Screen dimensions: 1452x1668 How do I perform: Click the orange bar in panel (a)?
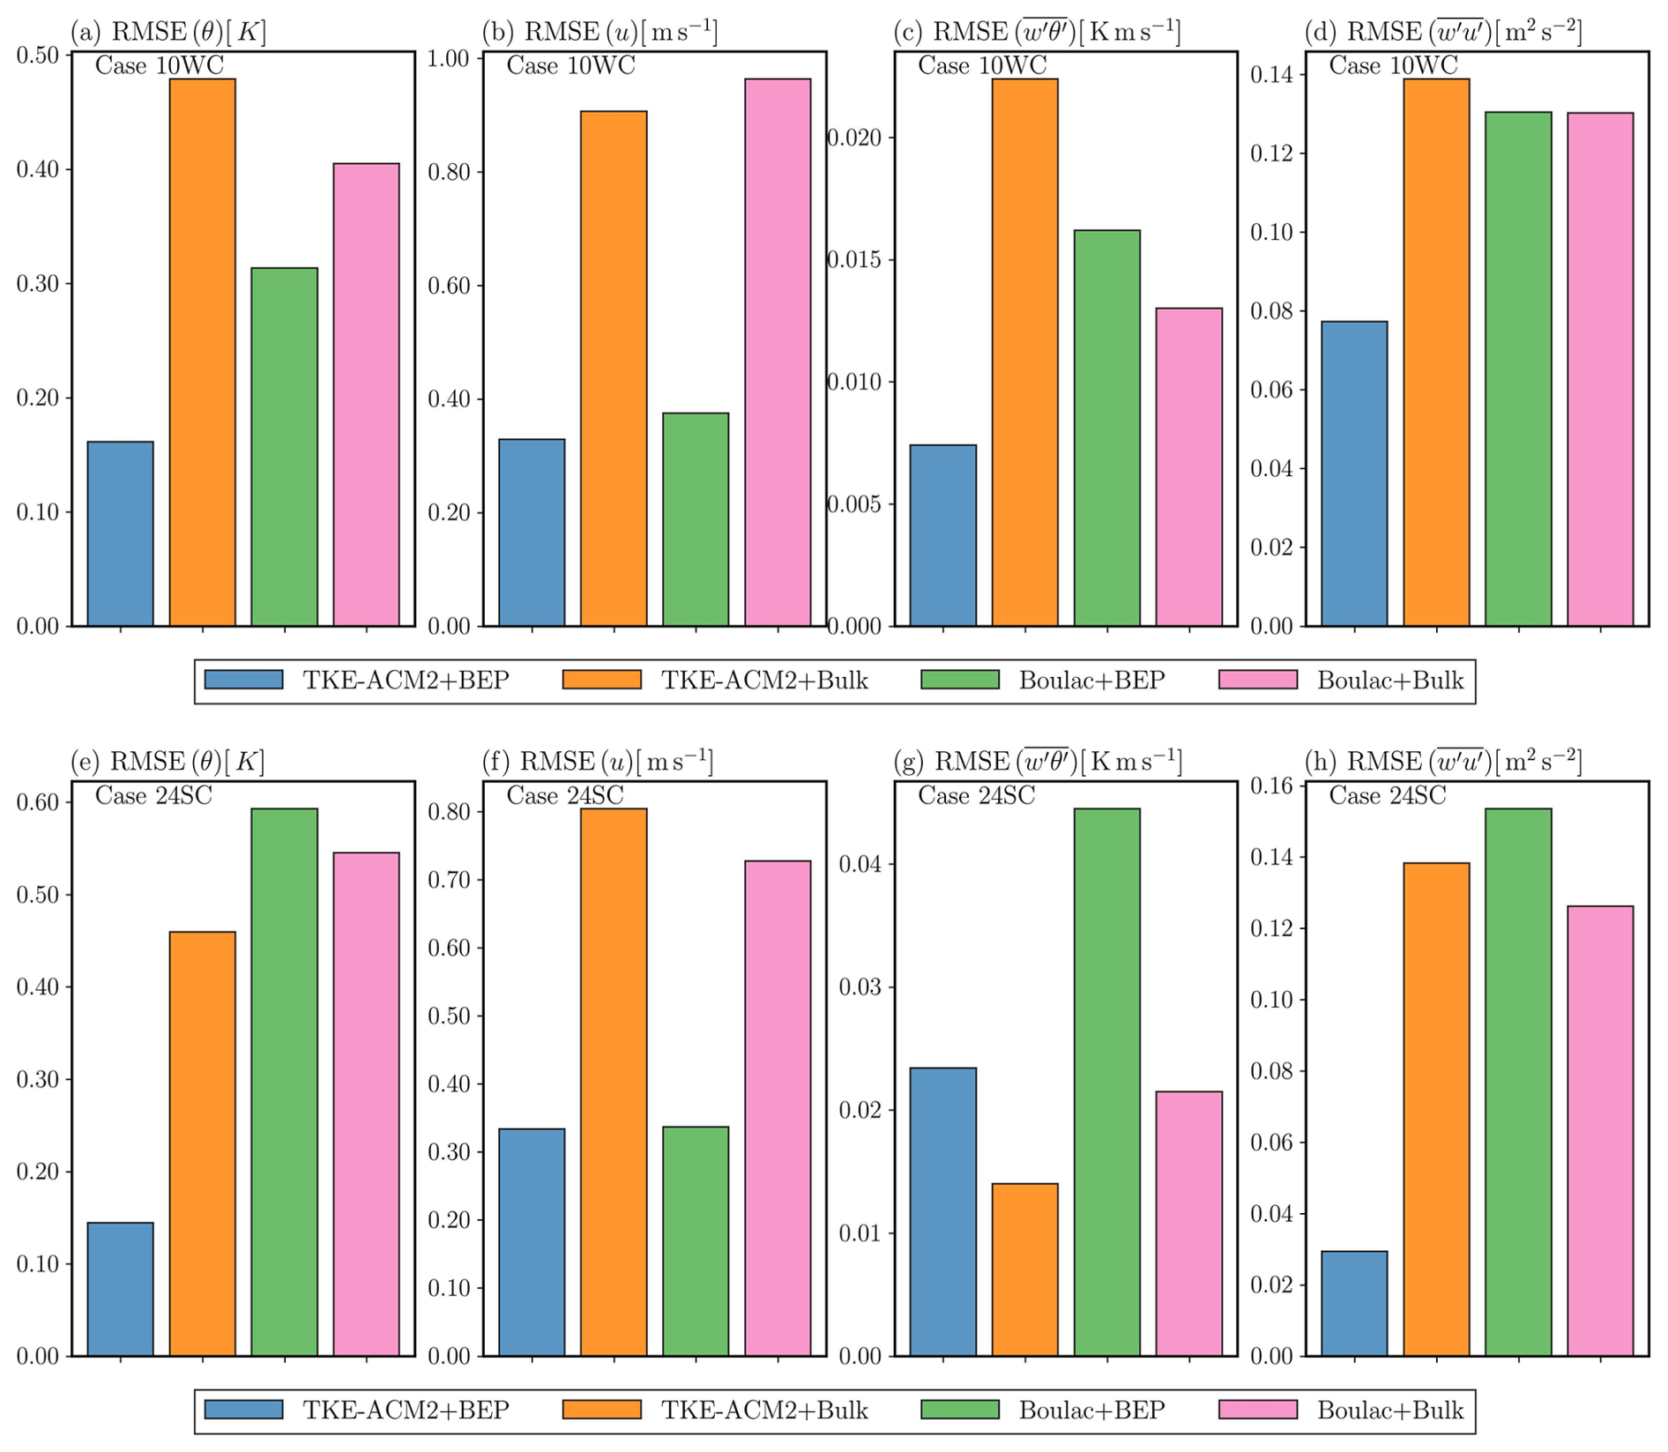click(203, 353)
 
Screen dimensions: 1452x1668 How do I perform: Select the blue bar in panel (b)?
click(532, 532)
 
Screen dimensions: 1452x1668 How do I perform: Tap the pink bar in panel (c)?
click(1188, 467)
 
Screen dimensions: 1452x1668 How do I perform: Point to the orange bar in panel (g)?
click(1024, 1270)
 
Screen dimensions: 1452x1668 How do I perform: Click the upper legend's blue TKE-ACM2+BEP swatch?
click(244, 680)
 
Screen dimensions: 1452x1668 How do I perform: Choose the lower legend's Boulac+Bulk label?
click(1390, 1410)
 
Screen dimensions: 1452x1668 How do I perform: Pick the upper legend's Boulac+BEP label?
click(1091, 680)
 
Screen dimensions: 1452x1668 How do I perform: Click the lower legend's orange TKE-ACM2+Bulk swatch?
click(602, 1410)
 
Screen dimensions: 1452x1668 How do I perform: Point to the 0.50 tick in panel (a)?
click(38, 56)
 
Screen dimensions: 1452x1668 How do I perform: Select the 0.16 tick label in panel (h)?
click(1271, 786)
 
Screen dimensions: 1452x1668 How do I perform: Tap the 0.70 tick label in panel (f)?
click(449, 880)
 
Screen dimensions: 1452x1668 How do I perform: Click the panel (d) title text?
click(1443, 33)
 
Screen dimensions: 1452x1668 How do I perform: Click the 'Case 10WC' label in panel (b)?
click(570, 66)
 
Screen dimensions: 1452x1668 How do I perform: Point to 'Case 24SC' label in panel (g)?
click(976, 796)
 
